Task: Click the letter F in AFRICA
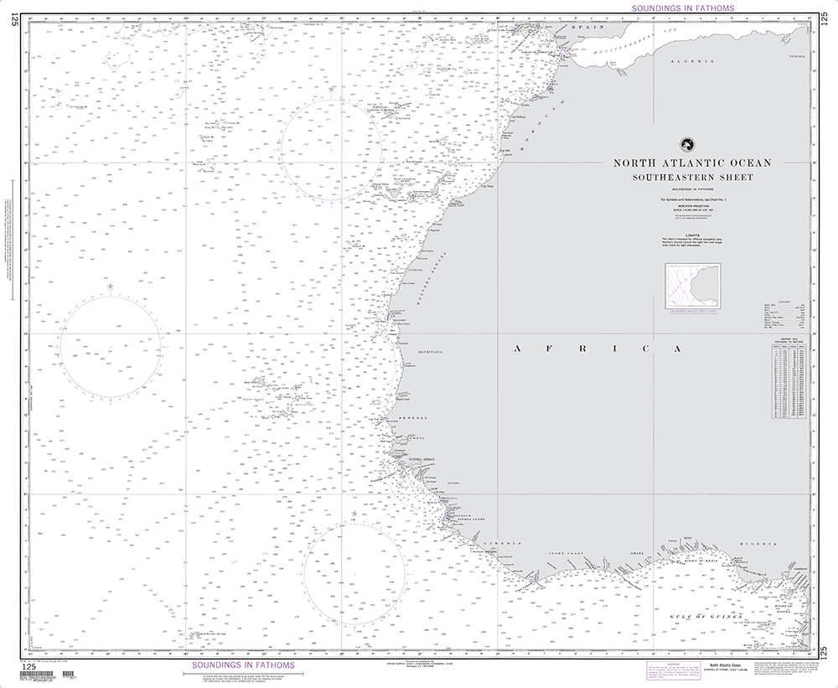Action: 556,348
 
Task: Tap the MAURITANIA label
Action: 431,353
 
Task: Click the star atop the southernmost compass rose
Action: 354,513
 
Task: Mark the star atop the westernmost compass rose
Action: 110,287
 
